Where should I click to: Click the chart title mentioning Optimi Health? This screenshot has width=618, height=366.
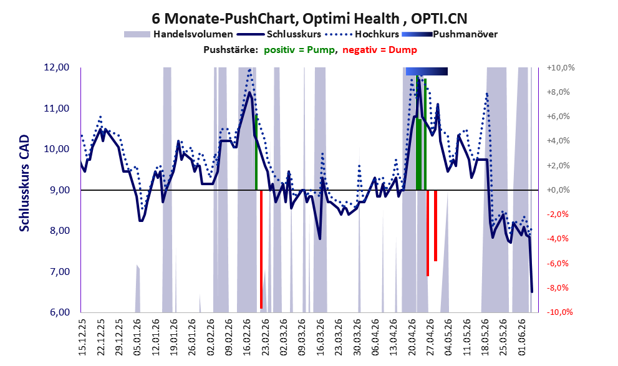coord(309,19)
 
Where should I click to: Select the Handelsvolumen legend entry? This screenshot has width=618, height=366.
coord(178,34)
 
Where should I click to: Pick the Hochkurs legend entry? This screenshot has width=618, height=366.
coord(362,34)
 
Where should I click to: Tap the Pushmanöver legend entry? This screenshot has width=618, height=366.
coord(450,34)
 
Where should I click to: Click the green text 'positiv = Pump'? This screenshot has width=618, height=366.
coord(299,50)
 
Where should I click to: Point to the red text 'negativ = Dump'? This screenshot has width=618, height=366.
coord(380,50)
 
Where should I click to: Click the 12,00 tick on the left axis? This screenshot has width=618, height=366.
coord(57,67)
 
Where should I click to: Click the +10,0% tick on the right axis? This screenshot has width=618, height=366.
coord(561,68)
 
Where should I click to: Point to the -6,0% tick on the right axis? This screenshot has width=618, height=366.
coord(558,264)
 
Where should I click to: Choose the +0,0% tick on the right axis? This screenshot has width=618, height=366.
coord(558,190)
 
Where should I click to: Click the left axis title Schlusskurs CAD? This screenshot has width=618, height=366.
coord(24,183)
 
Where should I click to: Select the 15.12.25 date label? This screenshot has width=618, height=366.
coord(82,337)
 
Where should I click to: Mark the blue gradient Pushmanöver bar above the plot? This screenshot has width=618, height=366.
coord(427,71)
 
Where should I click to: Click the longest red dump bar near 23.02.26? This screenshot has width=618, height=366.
coord(261,249)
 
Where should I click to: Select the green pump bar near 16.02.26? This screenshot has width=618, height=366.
coord(256,152)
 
